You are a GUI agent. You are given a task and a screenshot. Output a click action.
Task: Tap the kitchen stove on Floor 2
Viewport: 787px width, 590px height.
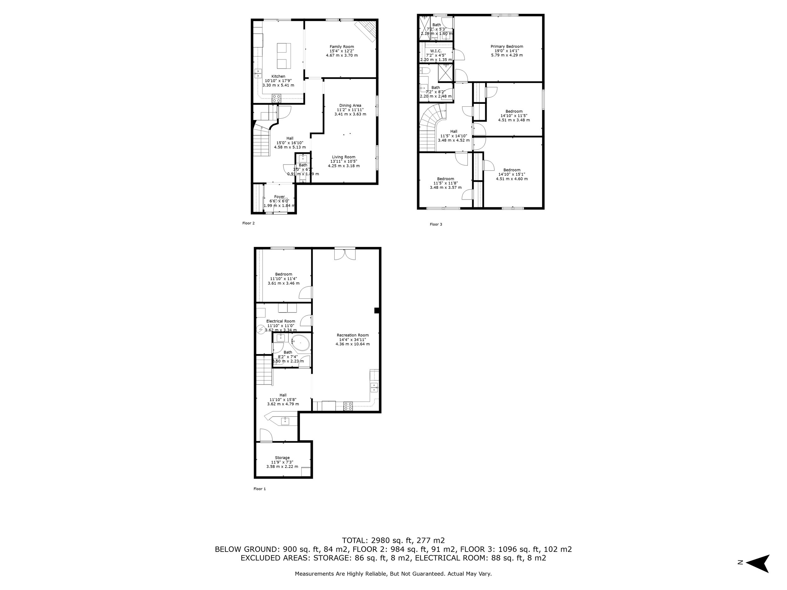pos(276,98)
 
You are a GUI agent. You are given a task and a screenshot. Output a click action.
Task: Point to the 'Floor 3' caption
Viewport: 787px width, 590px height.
pos(436,224)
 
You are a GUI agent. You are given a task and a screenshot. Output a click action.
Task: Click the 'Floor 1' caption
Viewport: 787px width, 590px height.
pos(259,489)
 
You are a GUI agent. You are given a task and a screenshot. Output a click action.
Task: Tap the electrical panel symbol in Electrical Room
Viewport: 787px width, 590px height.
pos(261,330)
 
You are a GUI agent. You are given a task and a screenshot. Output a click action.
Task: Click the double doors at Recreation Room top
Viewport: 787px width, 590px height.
pos(345,254)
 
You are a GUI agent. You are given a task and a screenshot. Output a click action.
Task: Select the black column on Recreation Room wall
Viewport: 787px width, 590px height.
pos(377,311)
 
